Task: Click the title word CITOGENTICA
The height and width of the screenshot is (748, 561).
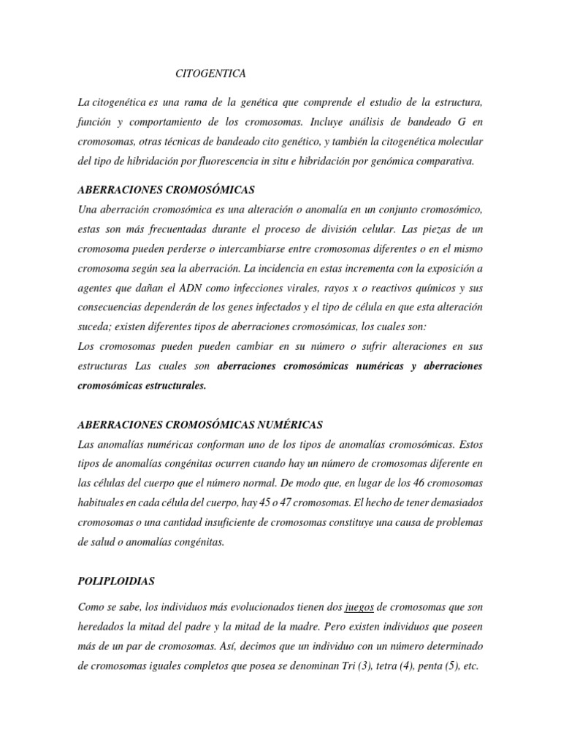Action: pyautogui.click(x=211, y=74)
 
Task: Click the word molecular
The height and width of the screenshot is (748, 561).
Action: pyautogui.click(x=457, y=141)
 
